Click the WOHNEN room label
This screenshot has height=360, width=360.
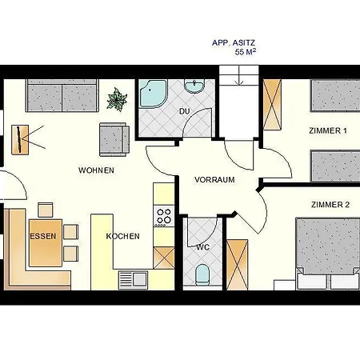click(x=96, y=170)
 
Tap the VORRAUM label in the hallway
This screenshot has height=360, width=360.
click(x=214, y=180)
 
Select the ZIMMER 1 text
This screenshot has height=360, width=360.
click(x=329, y=131)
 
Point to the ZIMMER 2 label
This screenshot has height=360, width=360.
click(x=330, y=205)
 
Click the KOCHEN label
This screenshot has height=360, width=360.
click(x=122, y=236)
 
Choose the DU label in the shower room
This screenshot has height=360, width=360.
click(x=184, y=111)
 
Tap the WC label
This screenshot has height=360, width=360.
click(x=202, y=247)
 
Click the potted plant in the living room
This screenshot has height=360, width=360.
click(x=118, y=99)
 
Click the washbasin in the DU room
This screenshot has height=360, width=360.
click(x=194, y=86)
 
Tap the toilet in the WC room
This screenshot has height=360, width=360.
click(x=202, y=275)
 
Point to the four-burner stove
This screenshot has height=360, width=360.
click(x=164, y=215)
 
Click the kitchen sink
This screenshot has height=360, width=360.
click(x=133, y=279)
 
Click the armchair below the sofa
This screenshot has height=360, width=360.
click(x=114, y=139)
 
